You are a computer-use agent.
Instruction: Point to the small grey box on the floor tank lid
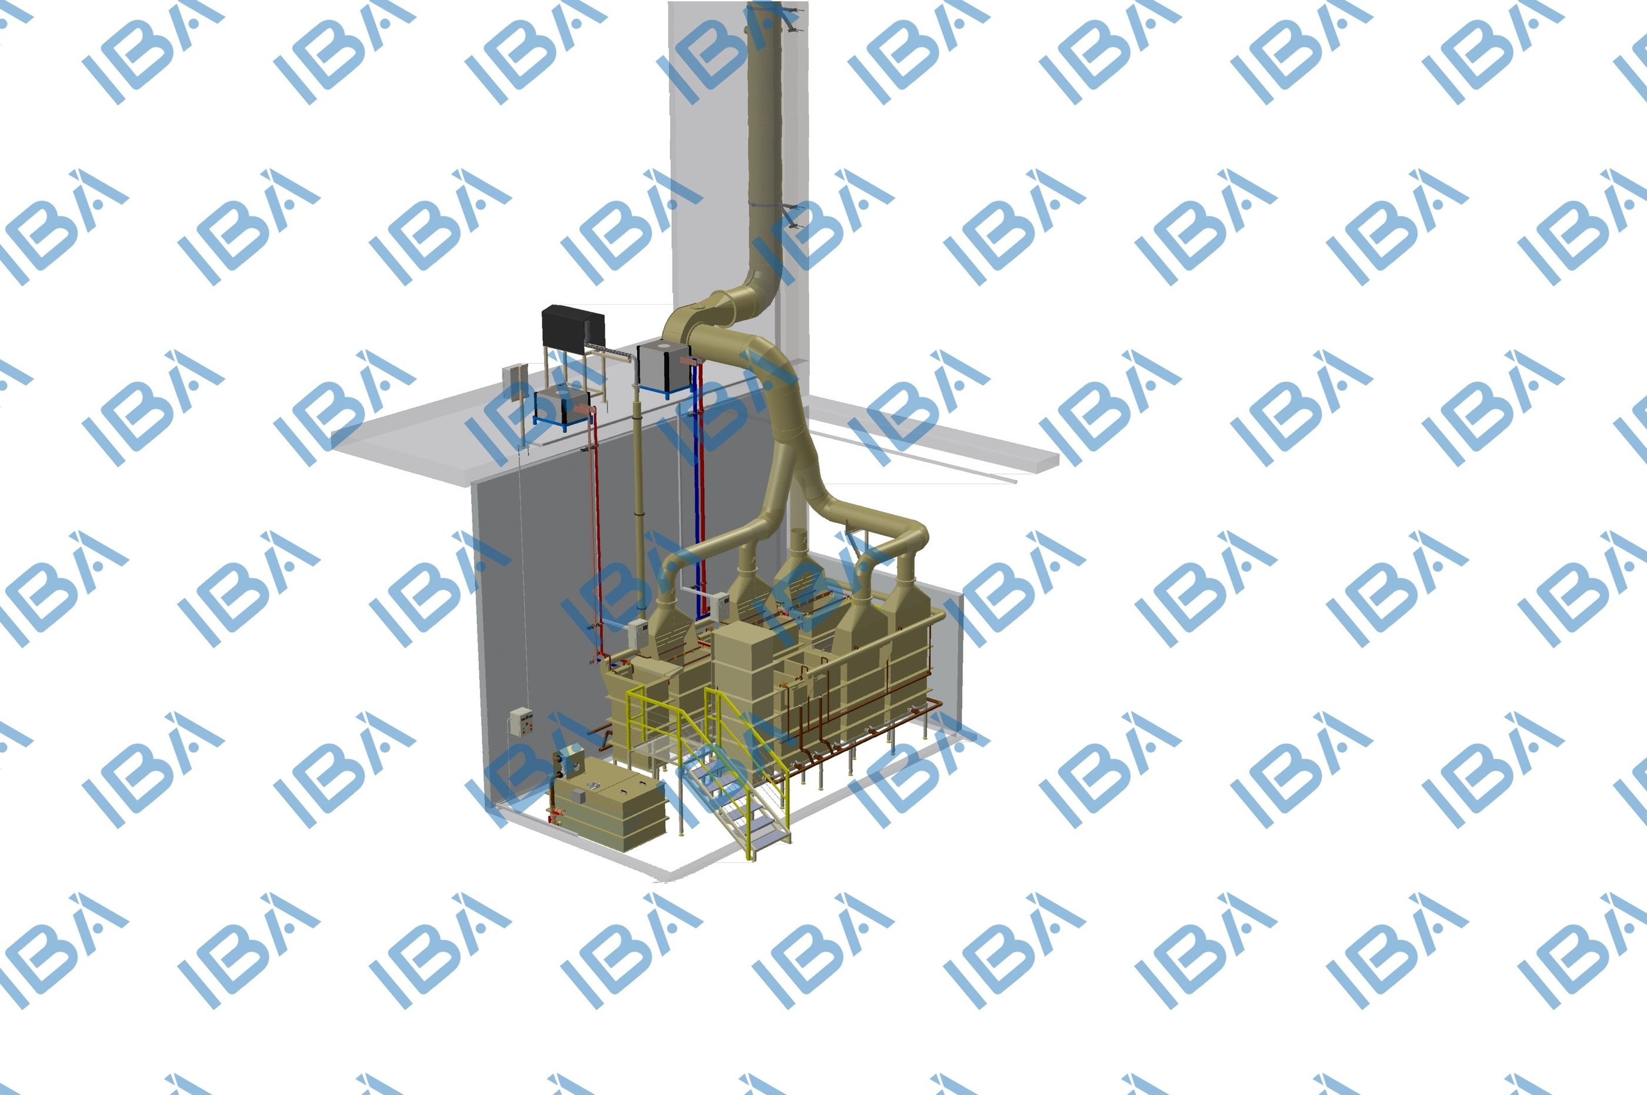point(578,797)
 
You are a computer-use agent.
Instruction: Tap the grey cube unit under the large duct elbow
point(662,366)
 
